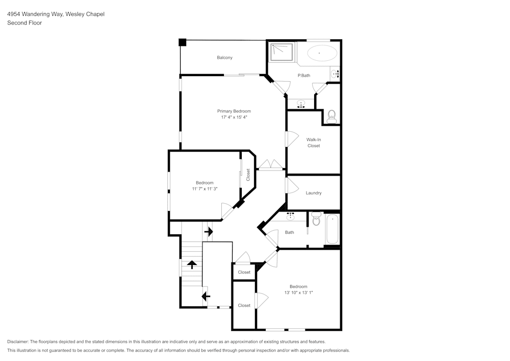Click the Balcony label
[x=224, y=58]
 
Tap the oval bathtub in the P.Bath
[x=322, y=53]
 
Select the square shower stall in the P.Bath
[x=282, y=53]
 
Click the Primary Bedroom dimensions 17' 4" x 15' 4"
[x=234, y=117]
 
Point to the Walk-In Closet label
[x=314, y=142]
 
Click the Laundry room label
[x=314, y=193]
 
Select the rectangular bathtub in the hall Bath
[x=332, y=229]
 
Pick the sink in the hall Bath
[x=291, y=217]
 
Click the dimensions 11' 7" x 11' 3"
[x=205, y=189]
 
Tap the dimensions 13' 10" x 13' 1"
[x=298, y=293]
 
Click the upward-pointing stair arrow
[x=192, y=264]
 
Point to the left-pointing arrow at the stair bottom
[x=206, y=296]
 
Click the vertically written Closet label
[x=248, y=175]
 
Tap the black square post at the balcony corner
[x=183, y=42]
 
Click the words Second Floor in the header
[x=24, y=23]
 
